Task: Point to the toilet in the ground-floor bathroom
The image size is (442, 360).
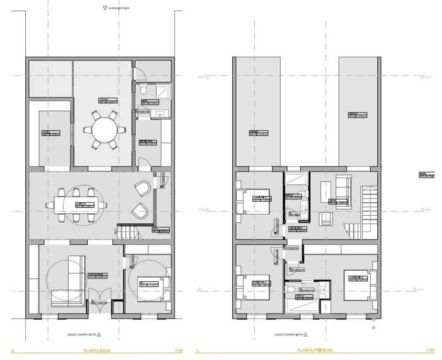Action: click(145, 89)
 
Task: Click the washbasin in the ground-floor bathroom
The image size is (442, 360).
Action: click(160, 112)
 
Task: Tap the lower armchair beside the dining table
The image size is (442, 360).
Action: click(140, 211)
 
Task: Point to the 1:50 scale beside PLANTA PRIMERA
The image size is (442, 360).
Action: click(430, 350)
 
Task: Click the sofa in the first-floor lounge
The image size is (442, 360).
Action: click(342, 190)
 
